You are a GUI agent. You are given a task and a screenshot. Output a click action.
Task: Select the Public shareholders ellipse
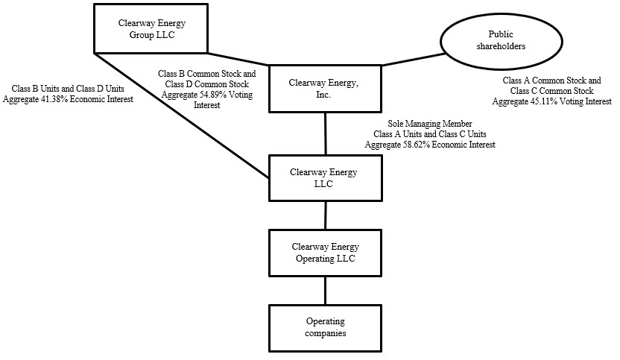(507, 40)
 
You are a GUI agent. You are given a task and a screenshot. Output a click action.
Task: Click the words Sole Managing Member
(430, 123)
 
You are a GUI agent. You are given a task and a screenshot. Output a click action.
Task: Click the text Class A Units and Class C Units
(430, 133)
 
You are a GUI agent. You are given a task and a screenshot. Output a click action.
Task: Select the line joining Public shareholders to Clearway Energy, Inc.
(413, 60)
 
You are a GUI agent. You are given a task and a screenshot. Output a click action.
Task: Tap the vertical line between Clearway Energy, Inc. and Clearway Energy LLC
(325, 133)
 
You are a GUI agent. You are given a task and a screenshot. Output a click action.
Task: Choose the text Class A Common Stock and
(551, 80)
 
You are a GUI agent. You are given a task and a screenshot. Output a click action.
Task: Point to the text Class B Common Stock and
(207, 75)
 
